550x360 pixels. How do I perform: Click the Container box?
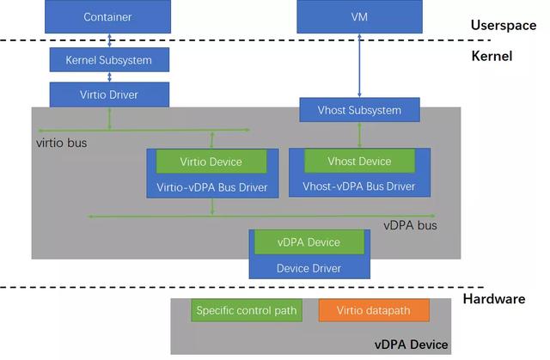(x=108, y=17)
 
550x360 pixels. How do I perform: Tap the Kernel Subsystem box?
(x=108, y=60)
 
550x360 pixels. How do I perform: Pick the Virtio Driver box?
(x=108, y=95)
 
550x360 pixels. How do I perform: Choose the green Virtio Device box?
(x=211, y=162)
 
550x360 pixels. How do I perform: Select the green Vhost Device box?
(x=359, y=162)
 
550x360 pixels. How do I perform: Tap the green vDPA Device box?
(x=308, y=242)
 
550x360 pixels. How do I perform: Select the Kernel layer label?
(x=492, y=57)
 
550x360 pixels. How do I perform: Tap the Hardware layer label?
(x=494, y=299)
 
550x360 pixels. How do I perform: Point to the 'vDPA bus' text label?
(x=410, y=226)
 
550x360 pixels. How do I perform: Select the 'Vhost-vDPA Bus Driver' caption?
(x=359, y=186)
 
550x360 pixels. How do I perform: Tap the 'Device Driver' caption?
(x=309, y=267)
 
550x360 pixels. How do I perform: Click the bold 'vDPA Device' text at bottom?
(x=411, y=345)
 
